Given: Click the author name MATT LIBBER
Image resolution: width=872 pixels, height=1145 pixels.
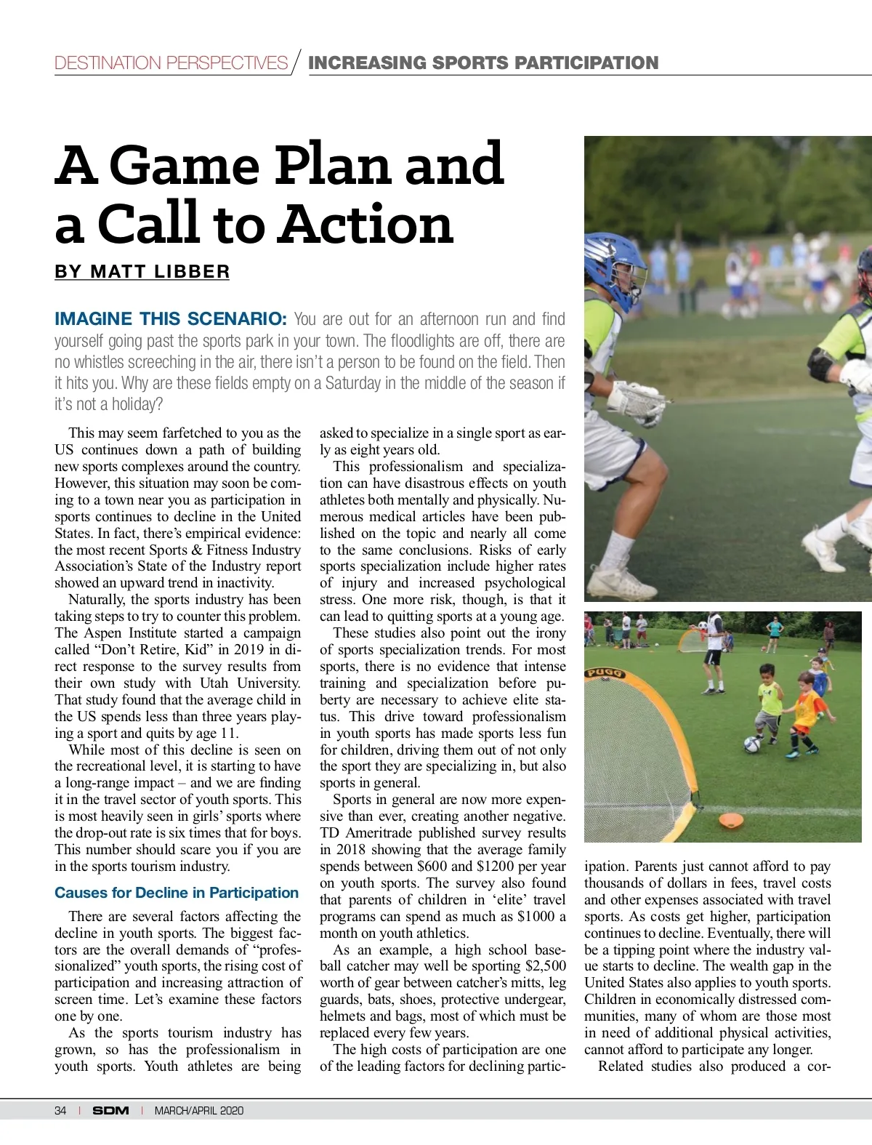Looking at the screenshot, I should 160,272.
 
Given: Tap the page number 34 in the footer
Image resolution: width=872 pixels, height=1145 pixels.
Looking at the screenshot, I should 60,1110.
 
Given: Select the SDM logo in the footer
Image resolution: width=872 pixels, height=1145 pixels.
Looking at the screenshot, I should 110,1110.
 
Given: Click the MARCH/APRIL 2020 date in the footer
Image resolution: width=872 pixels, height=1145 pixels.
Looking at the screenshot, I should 199,1110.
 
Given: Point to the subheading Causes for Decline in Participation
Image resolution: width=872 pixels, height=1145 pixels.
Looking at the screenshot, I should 177,893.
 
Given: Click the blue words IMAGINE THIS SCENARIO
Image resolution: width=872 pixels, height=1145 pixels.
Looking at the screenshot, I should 171,319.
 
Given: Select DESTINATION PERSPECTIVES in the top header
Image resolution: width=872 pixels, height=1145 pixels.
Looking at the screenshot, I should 171,63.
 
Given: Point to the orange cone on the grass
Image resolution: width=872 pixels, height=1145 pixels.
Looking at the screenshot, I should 731,821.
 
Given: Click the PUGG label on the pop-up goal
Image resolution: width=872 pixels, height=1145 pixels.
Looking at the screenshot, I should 605,672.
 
